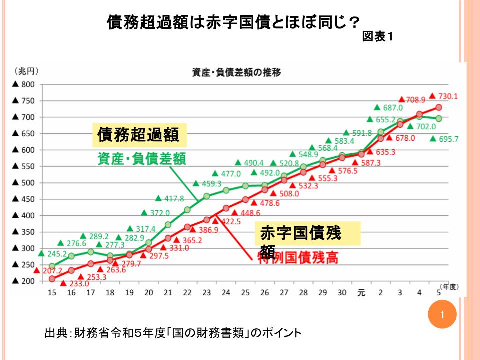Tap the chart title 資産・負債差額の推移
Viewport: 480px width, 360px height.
(236, 72)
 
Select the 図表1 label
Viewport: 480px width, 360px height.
(378, 37)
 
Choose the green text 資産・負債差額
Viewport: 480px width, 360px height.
(141, 159)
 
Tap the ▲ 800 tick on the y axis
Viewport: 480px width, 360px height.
(23, 84)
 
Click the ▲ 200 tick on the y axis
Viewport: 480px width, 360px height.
(23, 281)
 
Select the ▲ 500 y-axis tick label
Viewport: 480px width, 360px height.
(23, 183)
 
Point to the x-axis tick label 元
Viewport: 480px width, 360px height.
(361, 293)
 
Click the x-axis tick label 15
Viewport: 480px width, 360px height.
(52, 293)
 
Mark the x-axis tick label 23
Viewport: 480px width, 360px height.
(206, 293)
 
